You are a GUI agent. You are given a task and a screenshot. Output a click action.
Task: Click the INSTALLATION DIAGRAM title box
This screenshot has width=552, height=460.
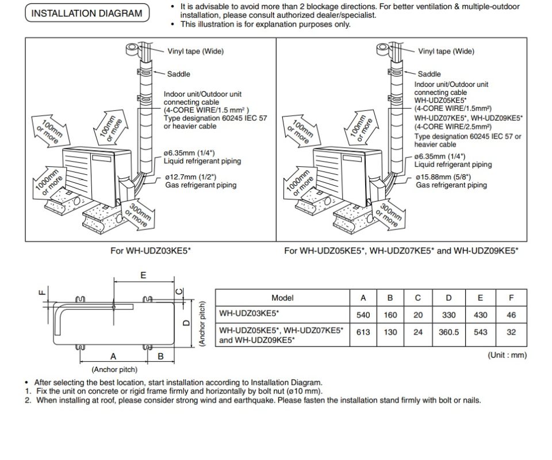[x=87, y=13]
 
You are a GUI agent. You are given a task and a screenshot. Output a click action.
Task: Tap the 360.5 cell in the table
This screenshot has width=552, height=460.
[x=448, y=332]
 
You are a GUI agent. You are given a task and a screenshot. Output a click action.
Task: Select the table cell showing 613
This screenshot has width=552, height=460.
[x=363, y=332]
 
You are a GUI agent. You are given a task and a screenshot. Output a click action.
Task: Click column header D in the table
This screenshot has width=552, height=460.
[x=448, y=298]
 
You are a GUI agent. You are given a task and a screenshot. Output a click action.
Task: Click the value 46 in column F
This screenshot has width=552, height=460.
[x=511, y=315]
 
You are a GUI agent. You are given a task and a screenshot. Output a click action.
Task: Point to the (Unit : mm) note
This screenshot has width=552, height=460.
[x=507, y=355]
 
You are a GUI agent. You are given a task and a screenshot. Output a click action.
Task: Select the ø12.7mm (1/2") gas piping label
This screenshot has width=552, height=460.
[x=201, y=181]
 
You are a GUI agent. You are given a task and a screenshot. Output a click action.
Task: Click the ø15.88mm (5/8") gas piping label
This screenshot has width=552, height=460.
[x=451, y=181]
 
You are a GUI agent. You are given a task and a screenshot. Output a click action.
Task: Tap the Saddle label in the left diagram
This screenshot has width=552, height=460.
[x=178, y=74]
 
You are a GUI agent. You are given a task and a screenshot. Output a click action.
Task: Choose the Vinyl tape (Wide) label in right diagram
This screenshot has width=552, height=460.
[x=446, y=51]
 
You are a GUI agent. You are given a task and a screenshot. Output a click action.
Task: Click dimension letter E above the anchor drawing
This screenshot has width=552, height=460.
[x=143, y=275]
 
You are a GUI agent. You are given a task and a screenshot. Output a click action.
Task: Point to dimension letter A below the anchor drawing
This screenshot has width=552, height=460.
[x=113, y=356]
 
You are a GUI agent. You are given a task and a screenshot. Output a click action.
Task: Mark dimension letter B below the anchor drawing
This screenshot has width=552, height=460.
[x=160, y=356]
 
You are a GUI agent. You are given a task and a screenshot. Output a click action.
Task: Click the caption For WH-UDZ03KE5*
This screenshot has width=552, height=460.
[x=151, y=251]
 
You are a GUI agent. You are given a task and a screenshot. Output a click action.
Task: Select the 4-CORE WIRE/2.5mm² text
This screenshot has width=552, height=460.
[x=453, y=126]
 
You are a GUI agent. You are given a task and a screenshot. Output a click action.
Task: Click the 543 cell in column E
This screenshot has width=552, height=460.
[x=480, y=332]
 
